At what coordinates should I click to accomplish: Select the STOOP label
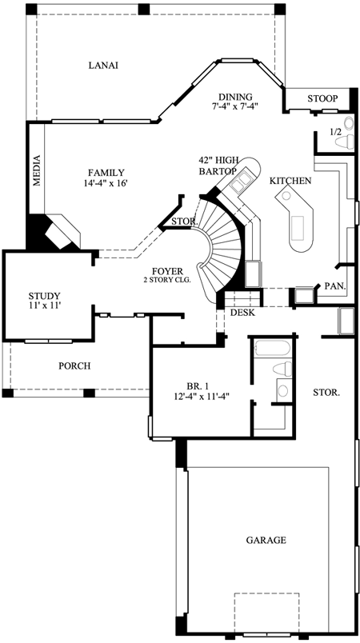coord(322,98)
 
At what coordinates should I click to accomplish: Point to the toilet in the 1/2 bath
coord(345,141)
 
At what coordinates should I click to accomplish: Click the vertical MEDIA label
coord(36,170)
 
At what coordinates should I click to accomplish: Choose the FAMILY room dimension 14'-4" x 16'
coord(106,183)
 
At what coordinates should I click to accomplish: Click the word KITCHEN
coord(290,182)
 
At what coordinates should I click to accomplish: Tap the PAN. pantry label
coord(334,286)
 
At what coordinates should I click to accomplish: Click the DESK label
coord(242,312)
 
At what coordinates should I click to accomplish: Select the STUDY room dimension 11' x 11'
coord(44,306)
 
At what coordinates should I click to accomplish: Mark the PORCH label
coord(74,366)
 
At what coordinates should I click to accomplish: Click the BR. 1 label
coord(196,381)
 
